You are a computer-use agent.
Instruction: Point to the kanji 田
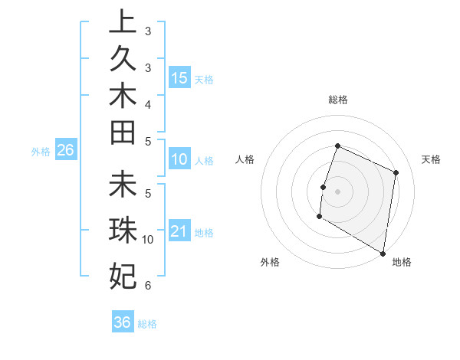(123, 133)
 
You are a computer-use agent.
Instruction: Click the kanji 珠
(123, 228)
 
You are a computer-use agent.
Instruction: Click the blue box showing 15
(179, 78)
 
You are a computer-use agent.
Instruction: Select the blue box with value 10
(179, 159)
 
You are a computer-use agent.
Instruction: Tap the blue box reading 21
(179, 231)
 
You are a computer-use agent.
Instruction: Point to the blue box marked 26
(65, 151)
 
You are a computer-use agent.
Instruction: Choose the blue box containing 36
(122, 322)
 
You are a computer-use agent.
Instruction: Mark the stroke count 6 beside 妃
(147, 286)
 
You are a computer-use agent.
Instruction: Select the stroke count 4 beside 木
(147, 103)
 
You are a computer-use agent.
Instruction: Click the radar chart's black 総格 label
(337, 100)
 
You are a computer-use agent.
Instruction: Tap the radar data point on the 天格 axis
(396, 172)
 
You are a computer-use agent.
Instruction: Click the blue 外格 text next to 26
(41, 152)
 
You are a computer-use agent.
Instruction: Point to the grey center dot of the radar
(337, 191)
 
